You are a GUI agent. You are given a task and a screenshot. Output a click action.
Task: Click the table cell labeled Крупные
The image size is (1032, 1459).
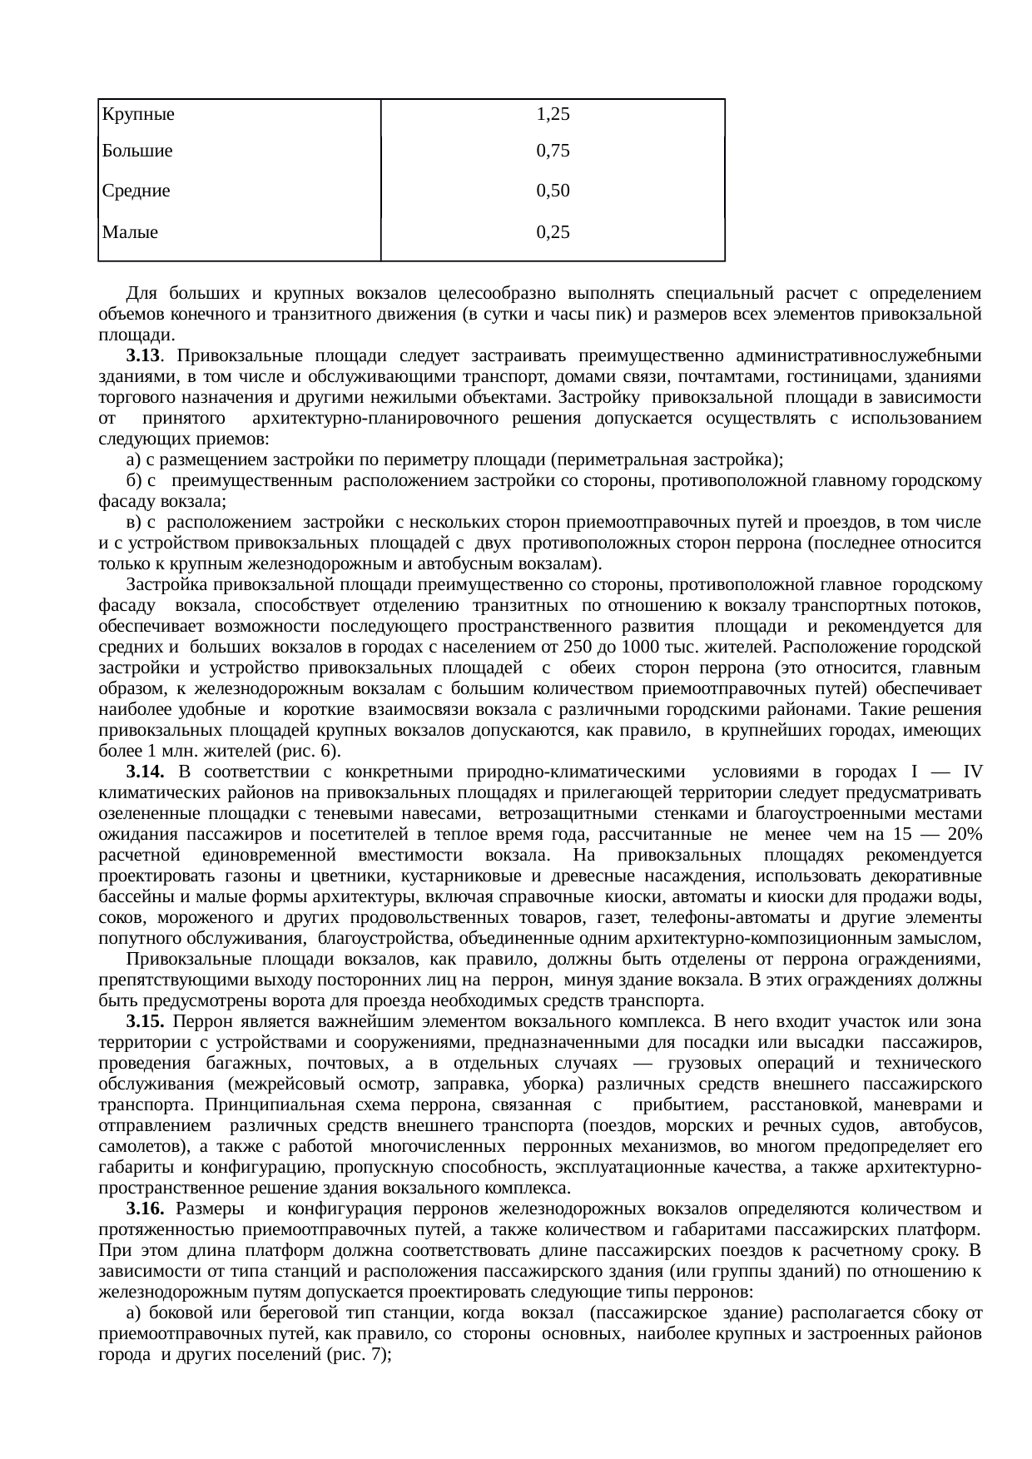point(137,116)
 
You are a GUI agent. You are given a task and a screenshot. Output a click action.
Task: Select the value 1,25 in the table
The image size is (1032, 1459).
point(553,115)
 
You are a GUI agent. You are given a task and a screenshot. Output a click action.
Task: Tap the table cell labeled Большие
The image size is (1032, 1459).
point(137,151)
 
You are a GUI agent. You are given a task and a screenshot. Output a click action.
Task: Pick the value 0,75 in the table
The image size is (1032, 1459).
point(553,151)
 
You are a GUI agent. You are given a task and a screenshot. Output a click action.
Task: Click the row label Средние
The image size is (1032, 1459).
point(136,191)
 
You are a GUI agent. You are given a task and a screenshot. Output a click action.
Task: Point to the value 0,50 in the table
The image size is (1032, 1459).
point(553,191)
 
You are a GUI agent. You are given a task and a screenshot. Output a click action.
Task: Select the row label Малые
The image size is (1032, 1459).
point(130,233)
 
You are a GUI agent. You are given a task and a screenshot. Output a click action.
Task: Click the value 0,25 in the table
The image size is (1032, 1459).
point(553,233)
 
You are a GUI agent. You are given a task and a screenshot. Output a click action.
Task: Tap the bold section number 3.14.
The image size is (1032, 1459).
point(145,772)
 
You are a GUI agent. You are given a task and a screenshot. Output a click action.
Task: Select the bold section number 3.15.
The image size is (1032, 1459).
point(145,1021)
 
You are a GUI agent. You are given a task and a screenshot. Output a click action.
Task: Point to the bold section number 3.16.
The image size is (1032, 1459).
point(145,1208)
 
